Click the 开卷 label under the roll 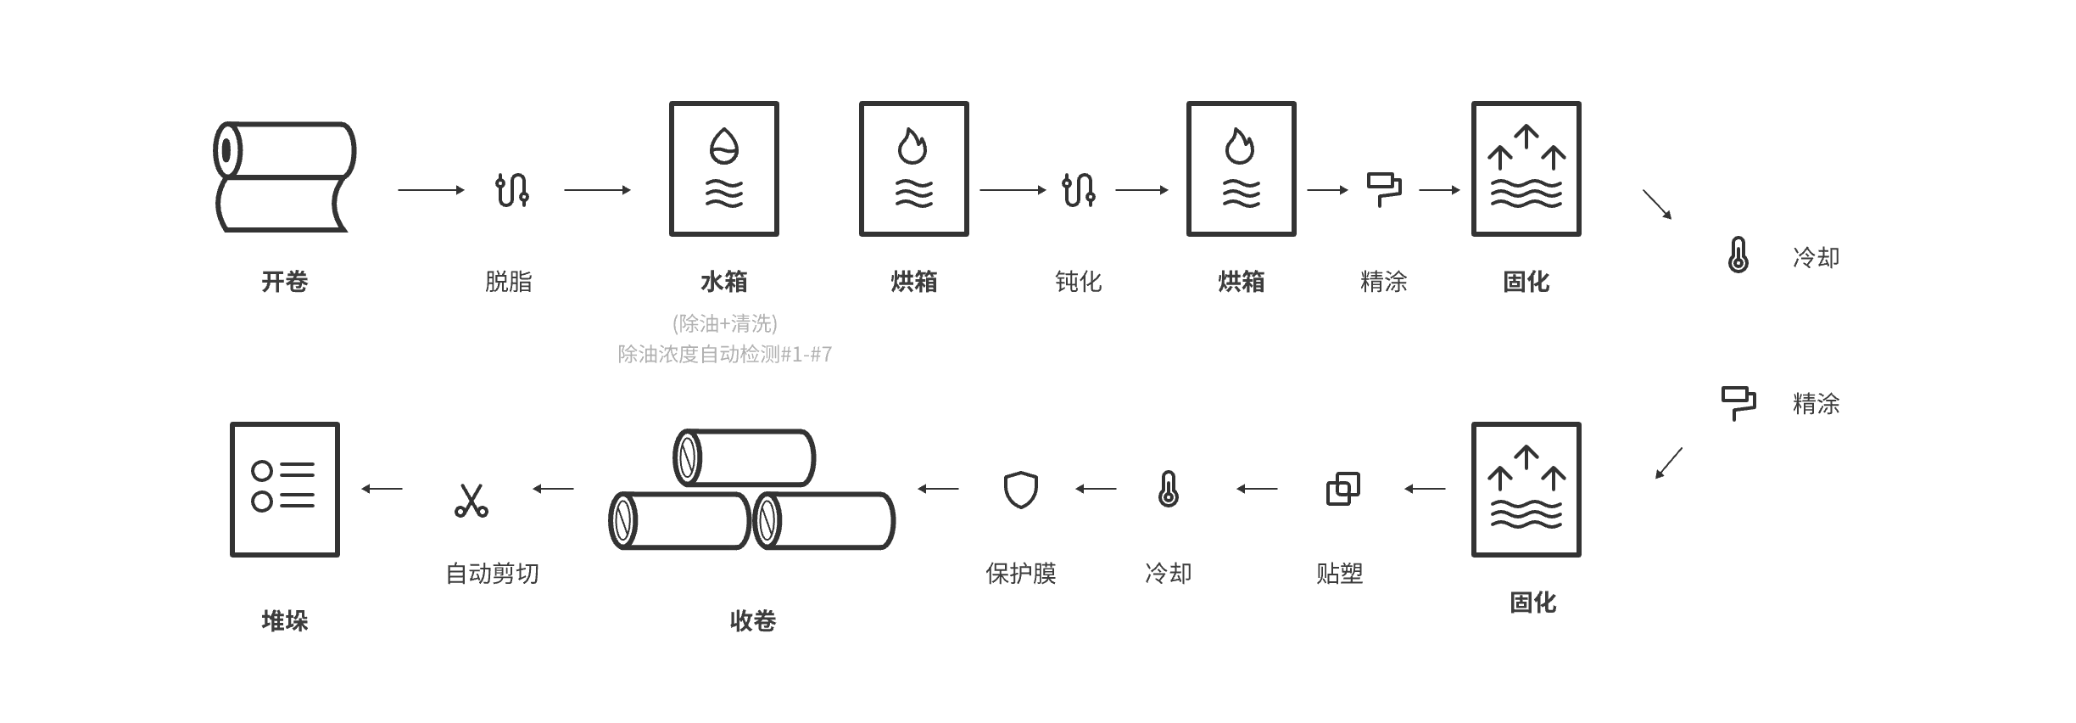pos(284,281)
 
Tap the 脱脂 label pos(509,281)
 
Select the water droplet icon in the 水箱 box pos(724,146)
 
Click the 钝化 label pos(1078,281)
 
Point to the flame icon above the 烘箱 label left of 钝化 pos(913,146)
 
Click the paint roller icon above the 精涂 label pos(1383,190)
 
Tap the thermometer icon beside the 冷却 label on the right pos(1738,255)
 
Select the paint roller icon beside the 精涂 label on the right pos(1738,404)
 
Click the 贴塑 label pos(1339,574)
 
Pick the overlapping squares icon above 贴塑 pos(1342,489)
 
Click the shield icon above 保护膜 pos(1020,490)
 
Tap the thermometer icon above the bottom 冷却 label pos(1168,489)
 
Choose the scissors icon pos(471,500)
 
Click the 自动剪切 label pos(492,574)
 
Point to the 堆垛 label pos(284,621)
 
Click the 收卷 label pos(753,621)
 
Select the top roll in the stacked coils pos(745,457)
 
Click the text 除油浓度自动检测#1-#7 pos(725,354)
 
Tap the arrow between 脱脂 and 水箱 pos(597,190)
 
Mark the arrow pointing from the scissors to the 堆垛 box pos(382,489)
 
